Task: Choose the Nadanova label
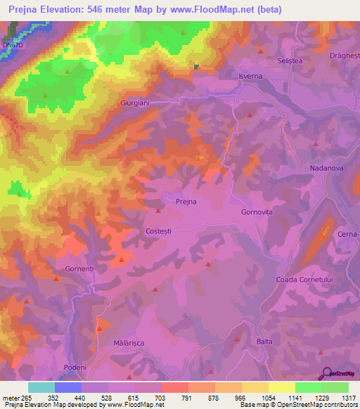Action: [326, 169]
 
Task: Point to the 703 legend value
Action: [161, 397]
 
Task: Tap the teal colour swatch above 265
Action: [41, 387]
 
